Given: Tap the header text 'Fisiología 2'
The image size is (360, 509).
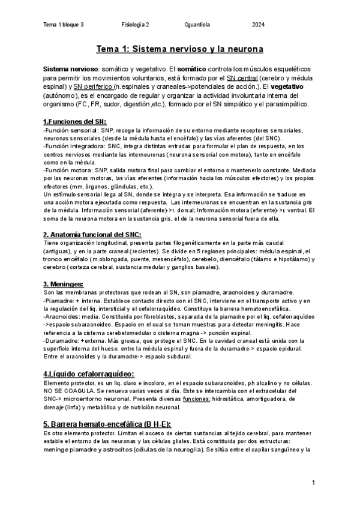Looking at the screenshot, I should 136,25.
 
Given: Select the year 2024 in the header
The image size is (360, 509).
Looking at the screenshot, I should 259,25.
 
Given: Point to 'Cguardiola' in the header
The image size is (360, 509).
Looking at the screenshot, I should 198,25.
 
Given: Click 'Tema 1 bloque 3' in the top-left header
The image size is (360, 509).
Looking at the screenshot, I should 64,25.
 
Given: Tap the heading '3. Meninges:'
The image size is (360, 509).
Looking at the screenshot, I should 63,284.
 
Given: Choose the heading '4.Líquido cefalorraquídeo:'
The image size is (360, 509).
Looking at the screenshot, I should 89,374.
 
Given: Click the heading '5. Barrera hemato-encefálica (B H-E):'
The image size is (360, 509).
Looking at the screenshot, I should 107,424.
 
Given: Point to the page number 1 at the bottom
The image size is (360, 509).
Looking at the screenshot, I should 314,483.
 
